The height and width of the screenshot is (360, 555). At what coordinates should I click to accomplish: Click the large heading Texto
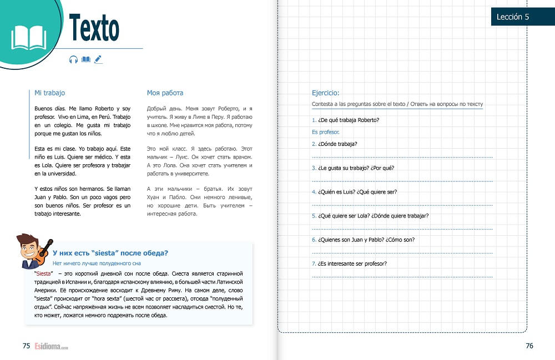pos(94,28)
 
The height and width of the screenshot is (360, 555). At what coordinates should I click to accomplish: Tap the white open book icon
pos(29,37)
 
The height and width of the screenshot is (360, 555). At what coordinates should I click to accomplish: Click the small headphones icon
pos(73,59)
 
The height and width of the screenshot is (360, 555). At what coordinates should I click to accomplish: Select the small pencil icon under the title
pos(98,59)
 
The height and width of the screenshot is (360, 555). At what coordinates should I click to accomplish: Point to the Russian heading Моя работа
pos(165,93)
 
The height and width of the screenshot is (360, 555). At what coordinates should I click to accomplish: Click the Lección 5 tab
pos(513,17)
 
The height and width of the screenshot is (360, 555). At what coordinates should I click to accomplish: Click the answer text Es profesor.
pos(325,132)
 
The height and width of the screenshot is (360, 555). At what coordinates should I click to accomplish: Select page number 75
pos(26,346)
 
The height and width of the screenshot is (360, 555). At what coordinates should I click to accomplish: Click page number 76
pos(529,346)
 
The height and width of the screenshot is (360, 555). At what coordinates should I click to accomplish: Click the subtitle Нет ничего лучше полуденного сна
pos(98,264)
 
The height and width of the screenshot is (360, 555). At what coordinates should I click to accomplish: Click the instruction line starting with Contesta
pos(397,104)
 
